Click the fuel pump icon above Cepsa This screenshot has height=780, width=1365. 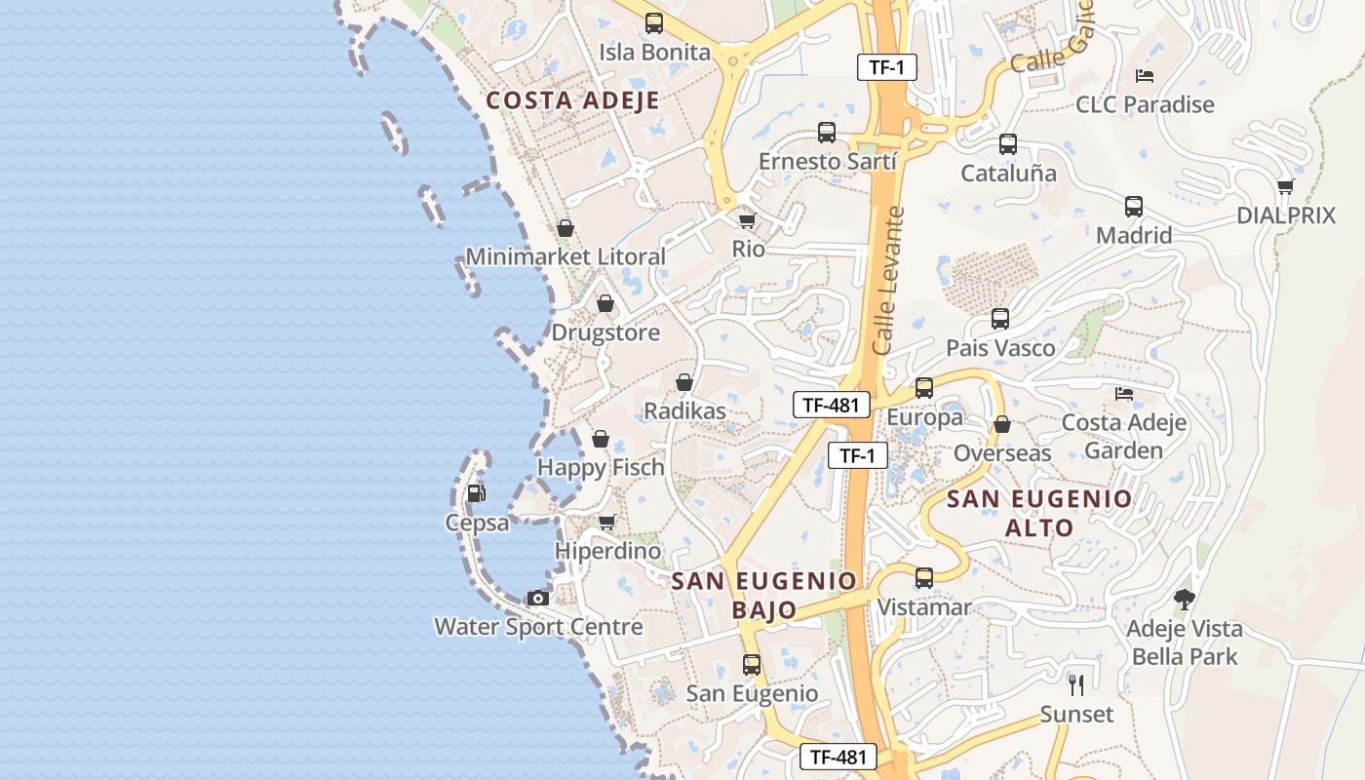(x=475, y=493)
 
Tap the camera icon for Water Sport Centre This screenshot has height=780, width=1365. (x=537, y=598)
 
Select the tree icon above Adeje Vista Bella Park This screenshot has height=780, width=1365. (x=1184, y=600)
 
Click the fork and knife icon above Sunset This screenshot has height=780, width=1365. (x=1075, y=684)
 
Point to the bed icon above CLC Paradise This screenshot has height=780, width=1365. (x=1145, y=75)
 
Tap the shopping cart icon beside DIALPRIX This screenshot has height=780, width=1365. (x=1285, y=186)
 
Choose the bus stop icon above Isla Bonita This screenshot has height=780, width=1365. (x=654, y=23)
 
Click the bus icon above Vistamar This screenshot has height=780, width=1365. (x=923, y=578)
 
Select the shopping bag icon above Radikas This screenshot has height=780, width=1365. (x=684, y=382)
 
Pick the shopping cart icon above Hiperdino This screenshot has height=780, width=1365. (x=606, y=523)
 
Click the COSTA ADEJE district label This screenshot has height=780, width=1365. (x=572, y=100)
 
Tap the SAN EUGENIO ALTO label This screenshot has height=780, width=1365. (x=1039, y=514)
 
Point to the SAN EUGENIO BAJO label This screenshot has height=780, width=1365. (x=763, y=595)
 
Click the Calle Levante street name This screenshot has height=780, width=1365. (x=888, y=280)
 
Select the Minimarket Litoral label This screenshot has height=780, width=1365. (x=565, y=256)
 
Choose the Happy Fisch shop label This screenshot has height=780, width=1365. (x=601, y=467)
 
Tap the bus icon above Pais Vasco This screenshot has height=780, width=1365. (x=999, y=319)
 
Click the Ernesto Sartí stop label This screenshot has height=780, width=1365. (x=827, y=161)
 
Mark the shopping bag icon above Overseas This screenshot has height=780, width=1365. (x=1001, y=425)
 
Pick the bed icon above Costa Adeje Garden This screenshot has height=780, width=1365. (x=1123, y=394)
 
